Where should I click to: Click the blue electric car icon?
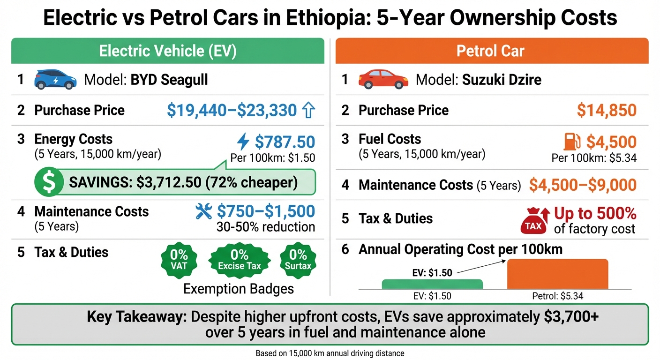coord(55,79)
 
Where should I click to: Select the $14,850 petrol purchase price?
coord(607,111)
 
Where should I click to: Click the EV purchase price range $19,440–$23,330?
coord(232,111)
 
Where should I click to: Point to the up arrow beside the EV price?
coord(308,111)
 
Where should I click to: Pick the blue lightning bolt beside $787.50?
coord(243,142)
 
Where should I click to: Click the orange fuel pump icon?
coord(572,142)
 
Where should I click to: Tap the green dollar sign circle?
coord(49,182)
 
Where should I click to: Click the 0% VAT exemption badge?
coord(179,260)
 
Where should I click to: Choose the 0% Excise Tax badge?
coord(240,260)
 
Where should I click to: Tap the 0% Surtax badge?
coord(298,260)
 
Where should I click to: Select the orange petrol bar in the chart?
coord(558,274)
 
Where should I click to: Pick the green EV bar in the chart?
coord(432,284)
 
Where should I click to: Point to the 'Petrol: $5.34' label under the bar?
coord(557,296)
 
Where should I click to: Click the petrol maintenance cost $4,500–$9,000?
coord(583,185)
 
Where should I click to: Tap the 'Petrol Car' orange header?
coord(492,51)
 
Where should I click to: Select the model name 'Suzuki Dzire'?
coord(502,80)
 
